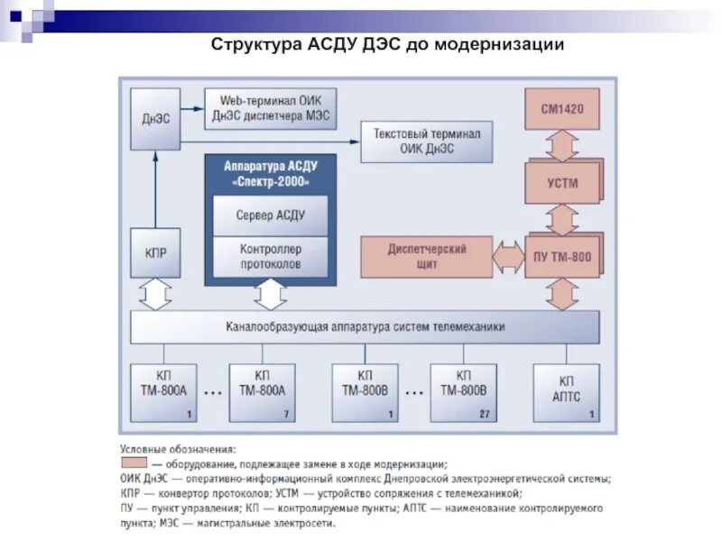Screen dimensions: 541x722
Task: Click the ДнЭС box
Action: tap(155, 119)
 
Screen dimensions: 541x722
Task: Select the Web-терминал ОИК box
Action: tap(272, 106)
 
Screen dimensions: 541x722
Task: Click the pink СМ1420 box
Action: tap(562, 109)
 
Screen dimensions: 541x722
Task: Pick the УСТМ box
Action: tap(562, 183)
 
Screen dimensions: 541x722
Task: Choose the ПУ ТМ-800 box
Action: tap(562, 257)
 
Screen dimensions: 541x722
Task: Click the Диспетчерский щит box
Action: tap(427, 257)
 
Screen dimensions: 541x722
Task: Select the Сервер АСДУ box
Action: tap(271, 215)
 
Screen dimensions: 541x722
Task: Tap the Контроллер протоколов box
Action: tap(271, 256)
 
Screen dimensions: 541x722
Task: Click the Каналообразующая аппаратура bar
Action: tap(365, 326)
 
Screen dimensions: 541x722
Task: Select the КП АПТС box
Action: tap(566, 392)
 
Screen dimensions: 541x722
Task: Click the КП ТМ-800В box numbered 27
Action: tap(463, 392)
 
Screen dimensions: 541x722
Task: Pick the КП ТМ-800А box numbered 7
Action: tap(262, 392)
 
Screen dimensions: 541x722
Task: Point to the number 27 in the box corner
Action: tap(484, 414)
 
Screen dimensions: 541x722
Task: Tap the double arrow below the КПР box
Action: tap(155, 294)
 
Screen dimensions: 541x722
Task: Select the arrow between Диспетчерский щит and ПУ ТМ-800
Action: tap(509, 257)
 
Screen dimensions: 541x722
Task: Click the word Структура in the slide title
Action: tap(248, 43)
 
